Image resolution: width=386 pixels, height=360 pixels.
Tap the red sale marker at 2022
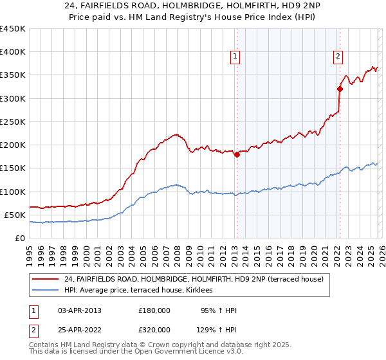click(x=340, y=89)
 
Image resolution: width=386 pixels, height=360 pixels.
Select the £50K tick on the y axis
click(x=15, y=215)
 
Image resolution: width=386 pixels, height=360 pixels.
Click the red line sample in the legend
click(x=45, y=278)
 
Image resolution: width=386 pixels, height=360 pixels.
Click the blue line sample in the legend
click(x=45, y=291)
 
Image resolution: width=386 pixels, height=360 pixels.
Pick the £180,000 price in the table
click(x=154, y=310)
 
